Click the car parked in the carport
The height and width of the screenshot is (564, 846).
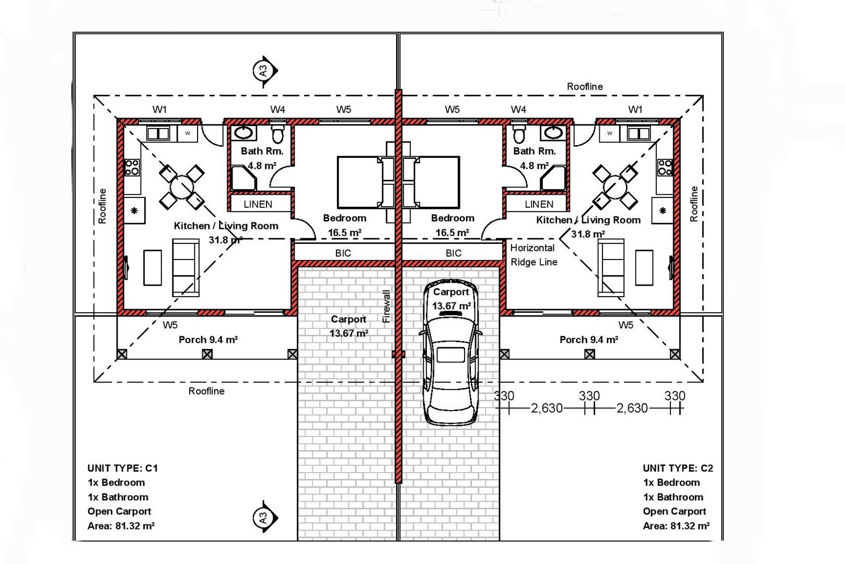(x=450, y=353)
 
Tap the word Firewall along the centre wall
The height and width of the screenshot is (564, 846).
(x=386, y=306)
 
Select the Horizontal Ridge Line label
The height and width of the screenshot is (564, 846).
(x=534, y=255)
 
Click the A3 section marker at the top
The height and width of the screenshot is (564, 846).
(x=265, y=70)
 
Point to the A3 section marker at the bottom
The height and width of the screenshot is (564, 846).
(x=265, y=517)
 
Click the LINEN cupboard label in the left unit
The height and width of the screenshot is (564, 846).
(x=258, y=204)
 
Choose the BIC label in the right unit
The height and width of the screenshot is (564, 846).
(x=454, y=253)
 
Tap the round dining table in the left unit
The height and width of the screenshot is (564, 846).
(x=182, y=187)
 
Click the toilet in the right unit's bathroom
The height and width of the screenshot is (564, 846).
(x=519, y=134)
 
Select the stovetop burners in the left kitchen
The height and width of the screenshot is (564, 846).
(x=132, y=167)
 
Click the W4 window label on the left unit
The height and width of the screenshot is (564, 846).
(x=277, y=110)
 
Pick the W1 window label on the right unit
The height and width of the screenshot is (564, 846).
(x=635, y=110)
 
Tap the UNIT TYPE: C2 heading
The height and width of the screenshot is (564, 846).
(x=678, y=468)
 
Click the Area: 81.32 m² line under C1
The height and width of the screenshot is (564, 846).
(x=121, y=526)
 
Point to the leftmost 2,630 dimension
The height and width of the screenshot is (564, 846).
(x=547, y=408)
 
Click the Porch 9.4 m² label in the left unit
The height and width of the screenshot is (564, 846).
(x=208, y=340)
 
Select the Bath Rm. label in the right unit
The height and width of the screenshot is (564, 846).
(x=535, y=151)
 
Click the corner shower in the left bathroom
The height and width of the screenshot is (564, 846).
(x=244, y=178)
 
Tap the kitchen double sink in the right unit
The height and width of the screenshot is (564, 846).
(x=639, y=134)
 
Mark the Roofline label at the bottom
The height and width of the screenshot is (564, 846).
(x=206, y=391)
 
